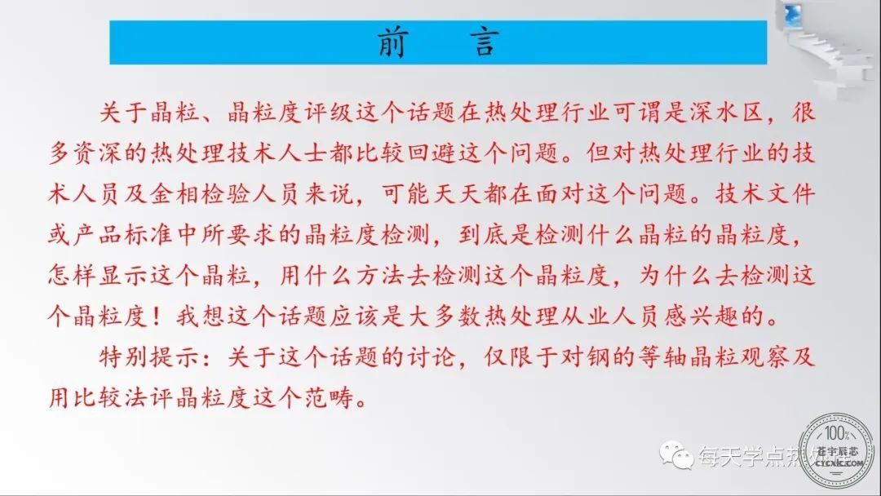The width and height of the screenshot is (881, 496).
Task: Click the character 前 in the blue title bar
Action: pos(392,42)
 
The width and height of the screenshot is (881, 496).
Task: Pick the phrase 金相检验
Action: pos(200,194)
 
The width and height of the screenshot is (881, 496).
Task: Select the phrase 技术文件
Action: pos(765,194)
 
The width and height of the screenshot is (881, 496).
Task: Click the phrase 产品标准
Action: pos(123,235)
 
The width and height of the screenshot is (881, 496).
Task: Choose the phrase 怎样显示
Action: pos(98,275)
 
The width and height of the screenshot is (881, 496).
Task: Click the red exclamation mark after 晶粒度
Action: pos(157,317)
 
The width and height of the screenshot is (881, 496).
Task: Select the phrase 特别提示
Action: pos(149,356)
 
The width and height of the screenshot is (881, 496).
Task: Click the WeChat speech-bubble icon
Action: pos(676,454)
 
